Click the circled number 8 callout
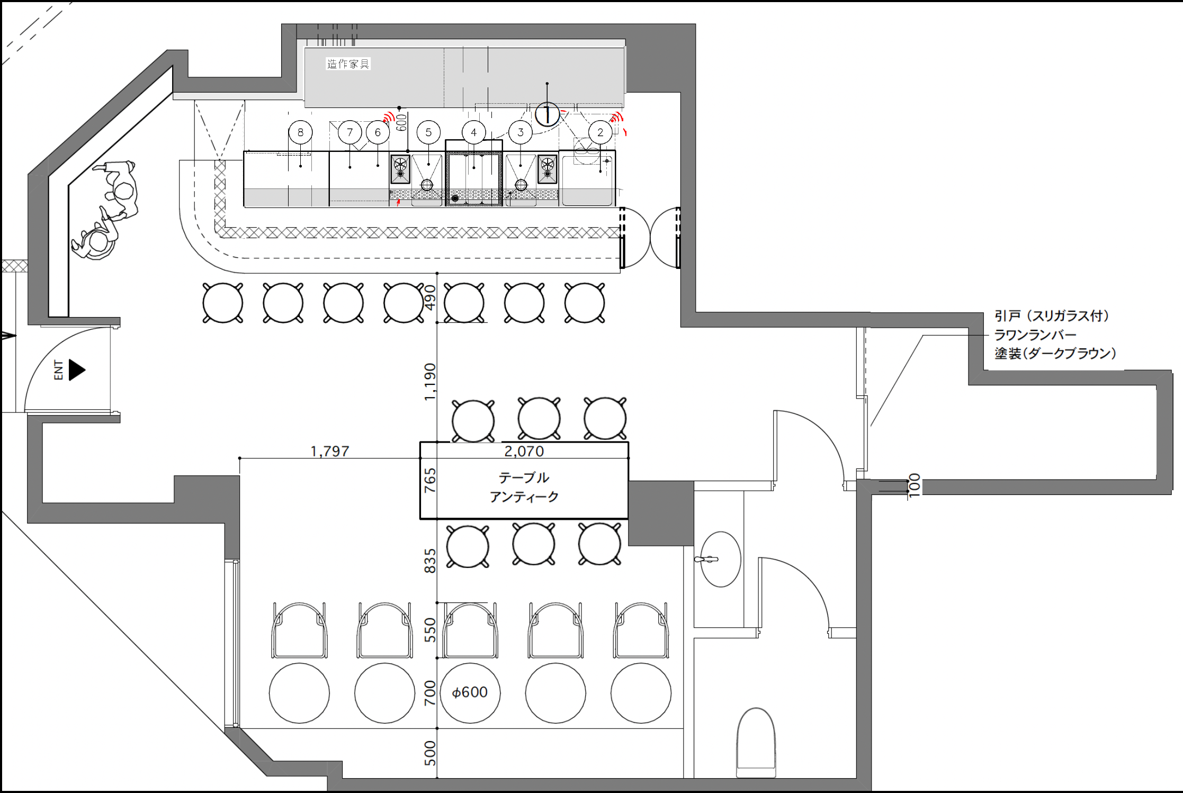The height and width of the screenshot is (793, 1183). (300, 132)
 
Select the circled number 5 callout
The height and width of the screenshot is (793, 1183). (428, 132)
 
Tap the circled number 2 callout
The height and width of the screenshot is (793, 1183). (600, 132)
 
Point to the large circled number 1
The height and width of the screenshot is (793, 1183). (547, 114)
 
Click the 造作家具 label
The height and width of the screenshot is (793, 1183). (348, 64)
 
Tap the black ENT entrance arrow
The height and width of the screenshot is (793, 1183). (77, 370)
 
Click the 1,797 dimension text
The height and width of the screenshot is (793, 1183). (329, 451)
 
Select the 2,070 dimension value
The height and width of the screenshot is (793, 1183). (524, 451)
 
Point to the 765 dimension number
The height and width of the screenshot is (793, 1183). (430, 480)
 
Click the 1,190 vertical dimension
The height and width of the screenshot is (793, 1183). (430, 382)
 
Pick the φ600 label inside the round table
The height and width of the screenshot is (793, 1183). (470, 692)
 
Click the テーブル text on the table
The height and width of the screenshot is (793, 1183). (524, 477)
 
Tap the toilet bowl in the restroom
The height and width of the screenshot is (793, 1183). (756, 743)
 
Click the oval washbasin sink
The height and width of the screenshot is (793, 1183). (721, 559)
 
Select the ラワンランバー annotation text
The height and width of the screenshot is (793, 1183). (1035, 335)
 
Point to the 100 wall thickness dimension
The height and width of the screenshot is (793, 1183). (915, 485)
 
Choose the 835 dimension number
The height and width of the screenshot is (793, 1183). (430, 561)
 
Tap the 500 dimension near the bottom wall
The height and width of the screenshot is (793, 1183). (430, 753)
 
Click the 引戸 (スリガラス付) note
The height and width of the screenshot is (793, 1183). (1052, 316)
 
